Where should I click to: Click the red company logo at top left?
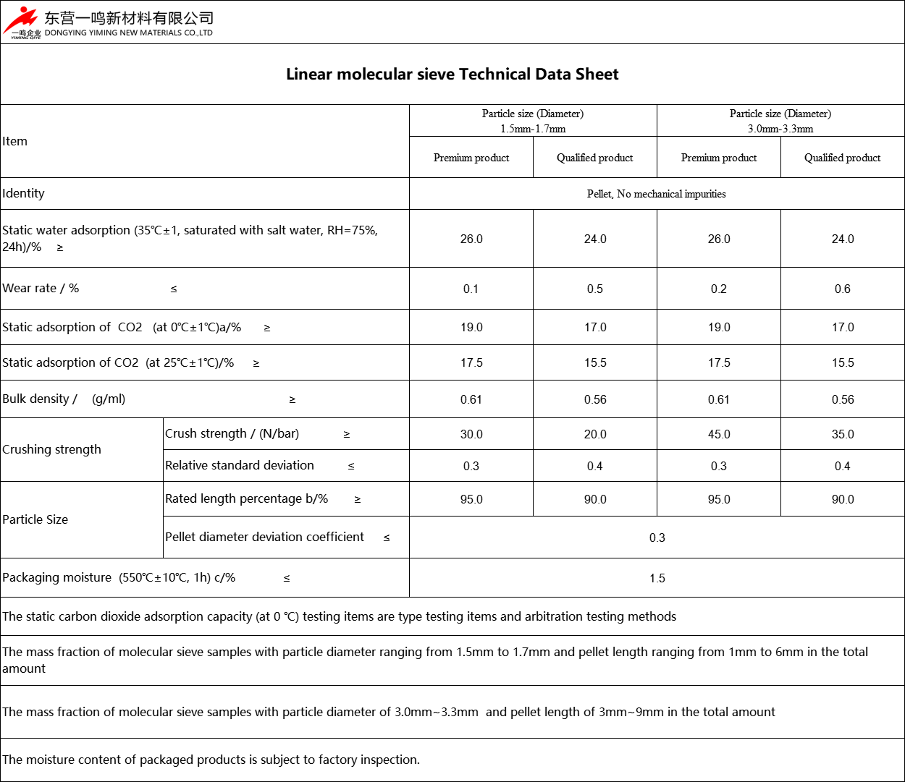pos(21,22)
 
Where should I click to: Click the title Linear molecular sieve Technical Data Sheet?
pos(452,75)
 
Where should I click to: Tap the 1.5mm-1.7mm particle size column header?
pos(533,121)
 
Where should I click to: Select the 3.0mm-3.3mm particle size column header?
pos(780,121)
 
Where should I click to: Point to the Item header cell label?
pos(15,141)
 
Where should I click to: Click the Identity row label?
pos(23,193)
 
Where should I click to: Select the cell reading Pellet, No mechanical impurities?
pos(656,194)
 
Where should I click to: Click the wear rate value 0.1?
pos(471,289)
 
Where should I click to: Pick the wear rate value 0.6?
pos(842,289)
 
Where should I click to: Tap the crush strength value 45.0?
pos(718,434)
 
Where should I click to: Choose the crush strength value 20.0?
pos(595,434)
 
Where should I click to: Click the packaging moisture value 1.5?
pos(657,578)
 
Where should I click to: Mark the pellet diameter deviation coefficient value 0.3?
pos(657,537)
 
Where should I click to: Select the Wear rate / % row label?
pos(41,288)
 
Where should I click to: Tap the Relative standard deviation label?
pos(240,465)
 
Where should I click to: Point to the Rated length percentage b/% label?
pos(246,498)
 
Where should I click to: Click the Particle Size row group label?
pos(35,519)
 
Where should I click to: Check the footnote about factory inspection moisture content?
pos(211,760)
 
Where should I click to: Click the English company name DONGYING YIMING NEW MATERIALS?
pos(128,33)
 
